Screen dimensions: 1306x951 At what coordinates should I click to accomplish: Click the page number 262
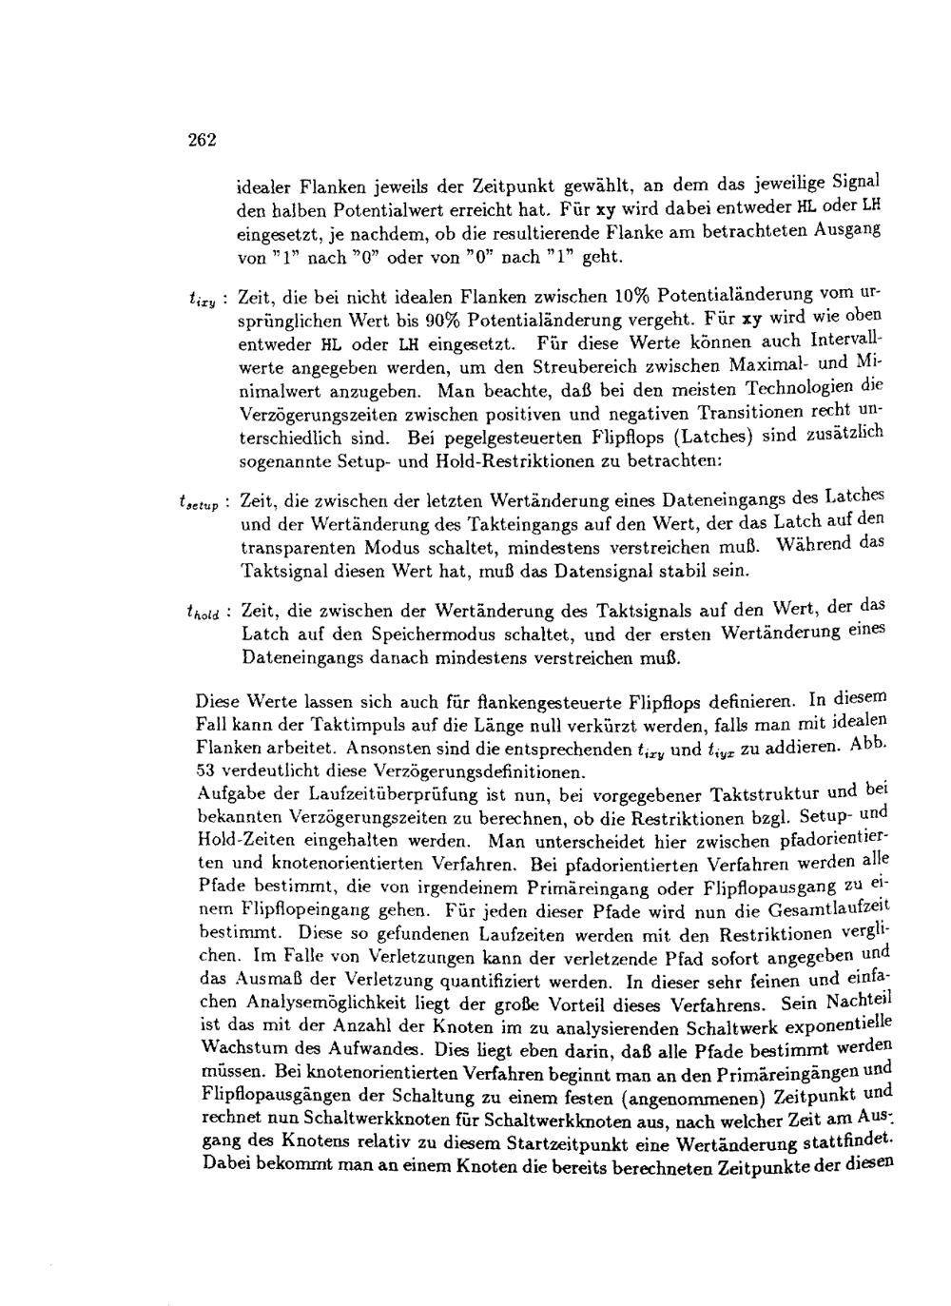pos(203,139)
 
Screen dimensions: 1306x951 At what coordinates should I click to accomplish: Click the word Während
pos(814,546)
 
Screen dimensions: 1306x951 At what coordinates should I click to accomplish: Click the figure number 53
pos(206,771)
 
